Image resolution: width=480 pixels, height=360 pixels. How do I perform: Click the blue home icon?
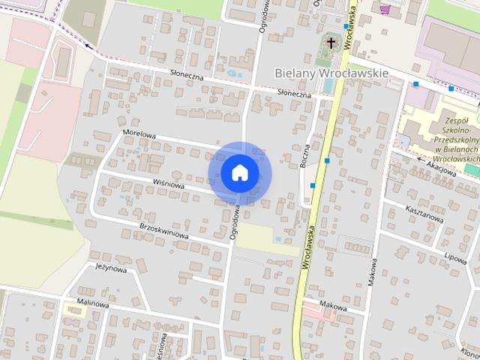tap(239, 172)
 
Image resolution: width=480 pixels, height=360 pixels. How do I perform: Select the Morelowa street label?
tap(139, 135)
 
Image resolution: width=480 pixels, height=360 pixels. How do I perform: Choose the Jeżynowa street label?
tap(110, 268)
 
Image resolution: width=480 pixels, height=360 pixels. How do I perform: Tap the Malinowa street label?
tap(93, 305)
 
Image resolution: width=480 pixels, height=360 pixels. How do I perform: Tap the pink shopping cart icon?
tap(385, 9)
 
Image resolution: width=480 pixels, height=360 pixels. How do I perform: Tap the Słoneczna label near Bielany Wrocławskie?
tap(294, 94)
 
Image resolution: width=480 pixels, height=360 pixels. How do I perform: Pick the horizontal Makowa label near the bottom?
tap(332, 306)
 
